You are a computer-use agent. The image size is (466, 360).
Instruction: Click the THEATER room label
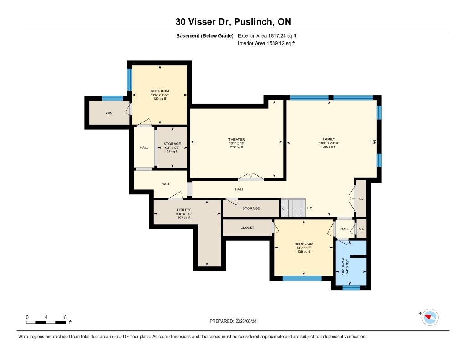237,139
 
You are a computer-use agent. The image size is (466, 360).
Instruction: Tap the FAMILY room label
329,139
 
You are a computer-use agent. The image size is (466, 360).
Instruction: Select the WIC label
109,113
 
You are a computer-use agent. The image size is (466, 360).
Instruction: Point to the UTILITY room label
184,210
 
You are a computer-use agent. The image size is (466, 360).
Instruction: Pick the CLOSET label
247,228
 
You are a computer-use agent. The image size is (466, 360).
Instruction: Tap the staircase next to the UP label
294,208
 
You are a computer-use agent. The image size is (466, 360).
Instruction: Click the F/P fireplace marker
373,141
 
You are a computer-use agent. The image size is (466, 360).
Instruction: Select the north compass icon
430,317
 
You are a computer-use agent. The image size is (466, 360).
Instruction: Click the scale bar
46,322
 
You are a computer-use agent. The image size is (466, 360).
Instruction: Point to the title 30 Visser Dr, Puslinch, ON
233,22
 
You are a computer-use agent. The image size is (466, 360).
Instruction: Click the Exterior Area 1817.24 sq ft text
267,36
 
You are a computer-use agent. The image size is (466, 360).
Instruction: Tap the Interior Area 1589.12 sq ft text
267,43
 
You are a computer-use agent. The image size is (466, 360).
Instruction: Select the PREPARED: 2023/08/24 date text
233,321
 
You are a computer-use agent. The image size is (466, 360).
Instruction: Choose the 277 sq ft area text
237,147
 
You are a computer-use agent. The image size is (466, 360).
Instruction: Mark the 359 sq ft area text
329,147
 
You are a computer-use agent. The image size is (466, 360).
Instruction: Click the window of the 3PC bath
351,288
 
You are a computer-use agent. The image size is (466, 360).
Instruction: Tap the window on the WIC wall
113,98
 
